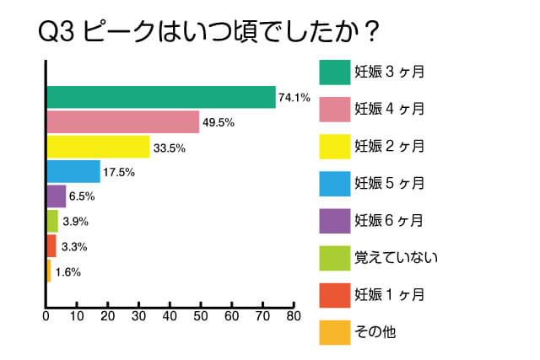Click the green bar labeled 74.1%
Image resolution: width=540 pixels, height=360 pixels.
[x=161, y=97]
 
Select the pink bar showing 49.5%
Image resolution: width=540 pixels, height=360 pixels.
[x=123, y=122]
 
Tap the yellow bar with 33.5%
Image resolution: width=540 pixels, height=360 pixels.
[x=98, y=147]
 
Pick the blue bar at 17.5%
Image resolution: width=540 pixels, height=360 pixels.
[x=73, y=171]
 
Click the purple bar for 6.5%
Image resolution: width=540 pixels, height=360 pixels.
[x=57, y=196]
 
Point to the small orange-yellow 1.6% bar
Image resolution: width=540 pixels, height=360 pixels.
[x=49, y=271]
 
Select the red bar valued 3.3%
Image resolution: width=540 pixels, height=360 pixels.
[x=51, y=245]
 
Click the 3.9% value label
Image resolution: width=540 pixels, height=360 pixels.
[x=75, y=221]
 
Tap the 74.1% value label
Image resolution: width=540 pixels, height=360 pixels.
[x=294, y=98]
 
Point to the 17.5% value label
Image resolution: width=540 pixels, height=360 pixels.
[x=119, y=172]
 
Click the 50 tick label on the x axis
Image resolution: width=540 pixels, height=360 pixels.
[x=201, y=316]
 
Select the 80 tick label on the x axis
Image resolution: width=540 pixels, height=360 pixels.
[x=294, y=316]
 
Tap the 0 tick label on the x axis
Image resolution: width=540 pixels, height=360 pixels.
[x=46, y=316]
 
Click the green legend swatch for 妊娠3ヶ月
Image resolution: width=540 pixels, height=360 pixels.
[x=335, y=73]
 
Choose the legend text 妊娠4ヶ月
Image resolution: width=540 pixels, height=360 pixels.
[x=390, y=109]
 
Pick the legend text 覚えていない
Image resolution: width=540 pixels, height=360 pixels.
[x=397, y=258]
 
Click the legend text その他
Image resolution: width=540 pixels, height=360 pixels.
[x=375, y=332]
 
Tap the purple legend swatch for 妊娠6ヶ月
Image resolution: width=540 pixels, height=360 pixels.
[x=335, y=221]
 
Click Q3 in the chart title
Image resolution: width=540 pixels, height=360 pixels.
[x=57, y=32]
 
